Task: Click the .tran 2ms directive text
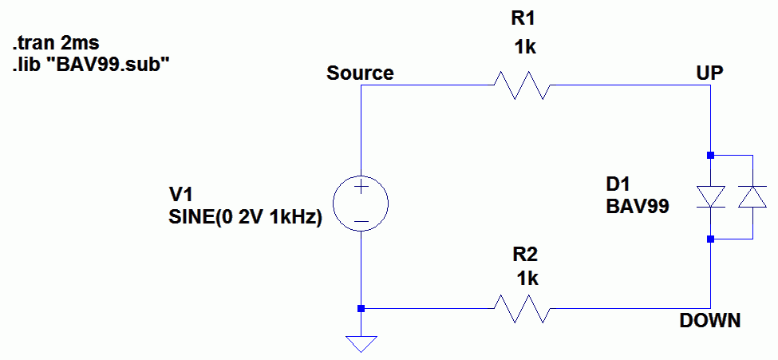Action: pos(56,44)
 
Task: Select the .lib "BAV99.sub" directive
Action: pos(87,65)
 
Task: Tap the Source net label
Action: pos(360,73)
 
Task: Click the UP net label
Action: pos(709,73)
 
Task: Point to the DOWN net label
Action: pos(710,320)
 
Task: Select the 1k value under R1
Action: pos(525,48)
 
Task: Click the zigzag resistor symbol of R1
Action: pos(522,85)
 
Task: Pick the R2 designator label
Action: pos(525,255)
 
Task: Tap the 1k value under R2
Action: pos(527,279)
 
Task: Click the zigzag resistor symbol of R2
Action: pos(522,308)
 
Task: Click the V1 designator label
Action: pos(182,194)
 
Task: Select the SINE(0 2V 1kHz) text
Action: pos(246,217)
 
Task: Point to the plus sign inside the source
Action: pos(361,188)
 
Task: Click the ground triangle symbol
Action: pos(361,342)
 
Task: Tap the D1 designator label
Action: pos(618,185)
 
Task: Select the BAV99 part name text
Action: pos(637,207)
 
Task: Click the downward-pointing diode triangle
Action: pos(710,196)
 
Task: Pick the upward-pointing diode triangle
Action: pos(752,196)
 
